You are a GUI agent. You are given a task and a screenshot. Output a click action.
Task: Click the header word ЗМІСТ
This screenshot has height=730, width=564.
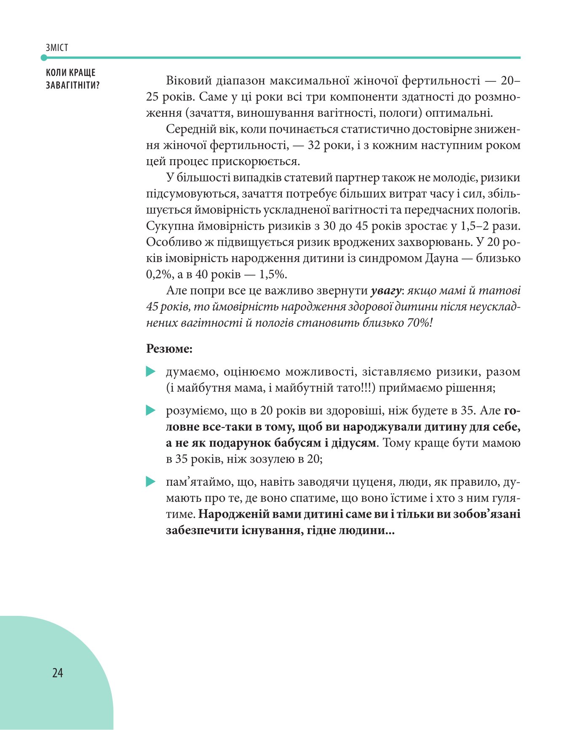(57, 48)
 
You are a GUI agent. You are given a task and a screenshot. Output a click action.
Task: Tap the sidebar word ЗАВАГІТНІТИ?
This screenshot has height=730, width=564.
(72, 85)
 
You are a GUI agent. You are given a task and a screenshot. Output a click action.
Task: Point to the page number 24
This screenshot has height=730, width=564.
(58, 673)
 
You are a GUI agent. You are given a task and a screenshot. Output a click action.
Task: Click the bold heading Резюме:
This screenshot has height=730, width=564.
(169, 349)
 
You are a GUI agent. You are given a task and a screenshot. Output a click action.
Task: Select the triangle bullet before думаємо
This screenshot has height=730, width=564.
(151, 372)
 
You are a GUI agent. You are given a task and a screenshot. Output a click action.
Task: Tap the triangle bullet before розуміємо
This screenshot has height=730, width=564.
(151, 410)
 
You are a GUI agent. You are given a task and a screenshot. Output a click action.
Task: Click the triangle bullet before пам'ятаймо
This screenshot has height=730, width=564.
(151, 482)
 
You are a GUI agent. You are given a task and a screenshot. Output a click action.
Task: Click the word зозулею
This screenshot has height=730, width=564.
(277, 459)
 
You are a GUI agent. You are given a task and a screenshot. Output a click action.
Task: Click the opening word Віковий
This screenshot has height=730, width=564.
(189, 80)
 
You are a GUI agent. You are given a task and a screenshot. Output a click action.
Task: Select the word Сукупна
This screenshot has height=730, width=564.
(168, 226)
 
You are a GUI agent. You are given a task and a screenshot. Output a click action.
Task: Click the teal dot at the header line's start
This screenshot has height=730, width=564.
(44, 58)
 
